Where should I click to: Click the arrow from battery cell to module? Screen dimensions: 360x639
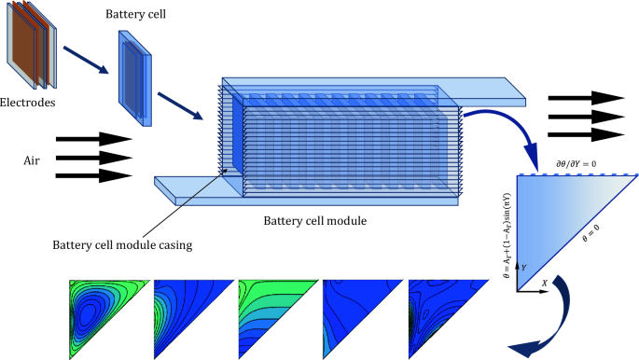click(179, 104)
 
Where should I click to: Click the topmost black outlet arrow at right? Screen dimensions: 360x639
click(585, 98)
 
